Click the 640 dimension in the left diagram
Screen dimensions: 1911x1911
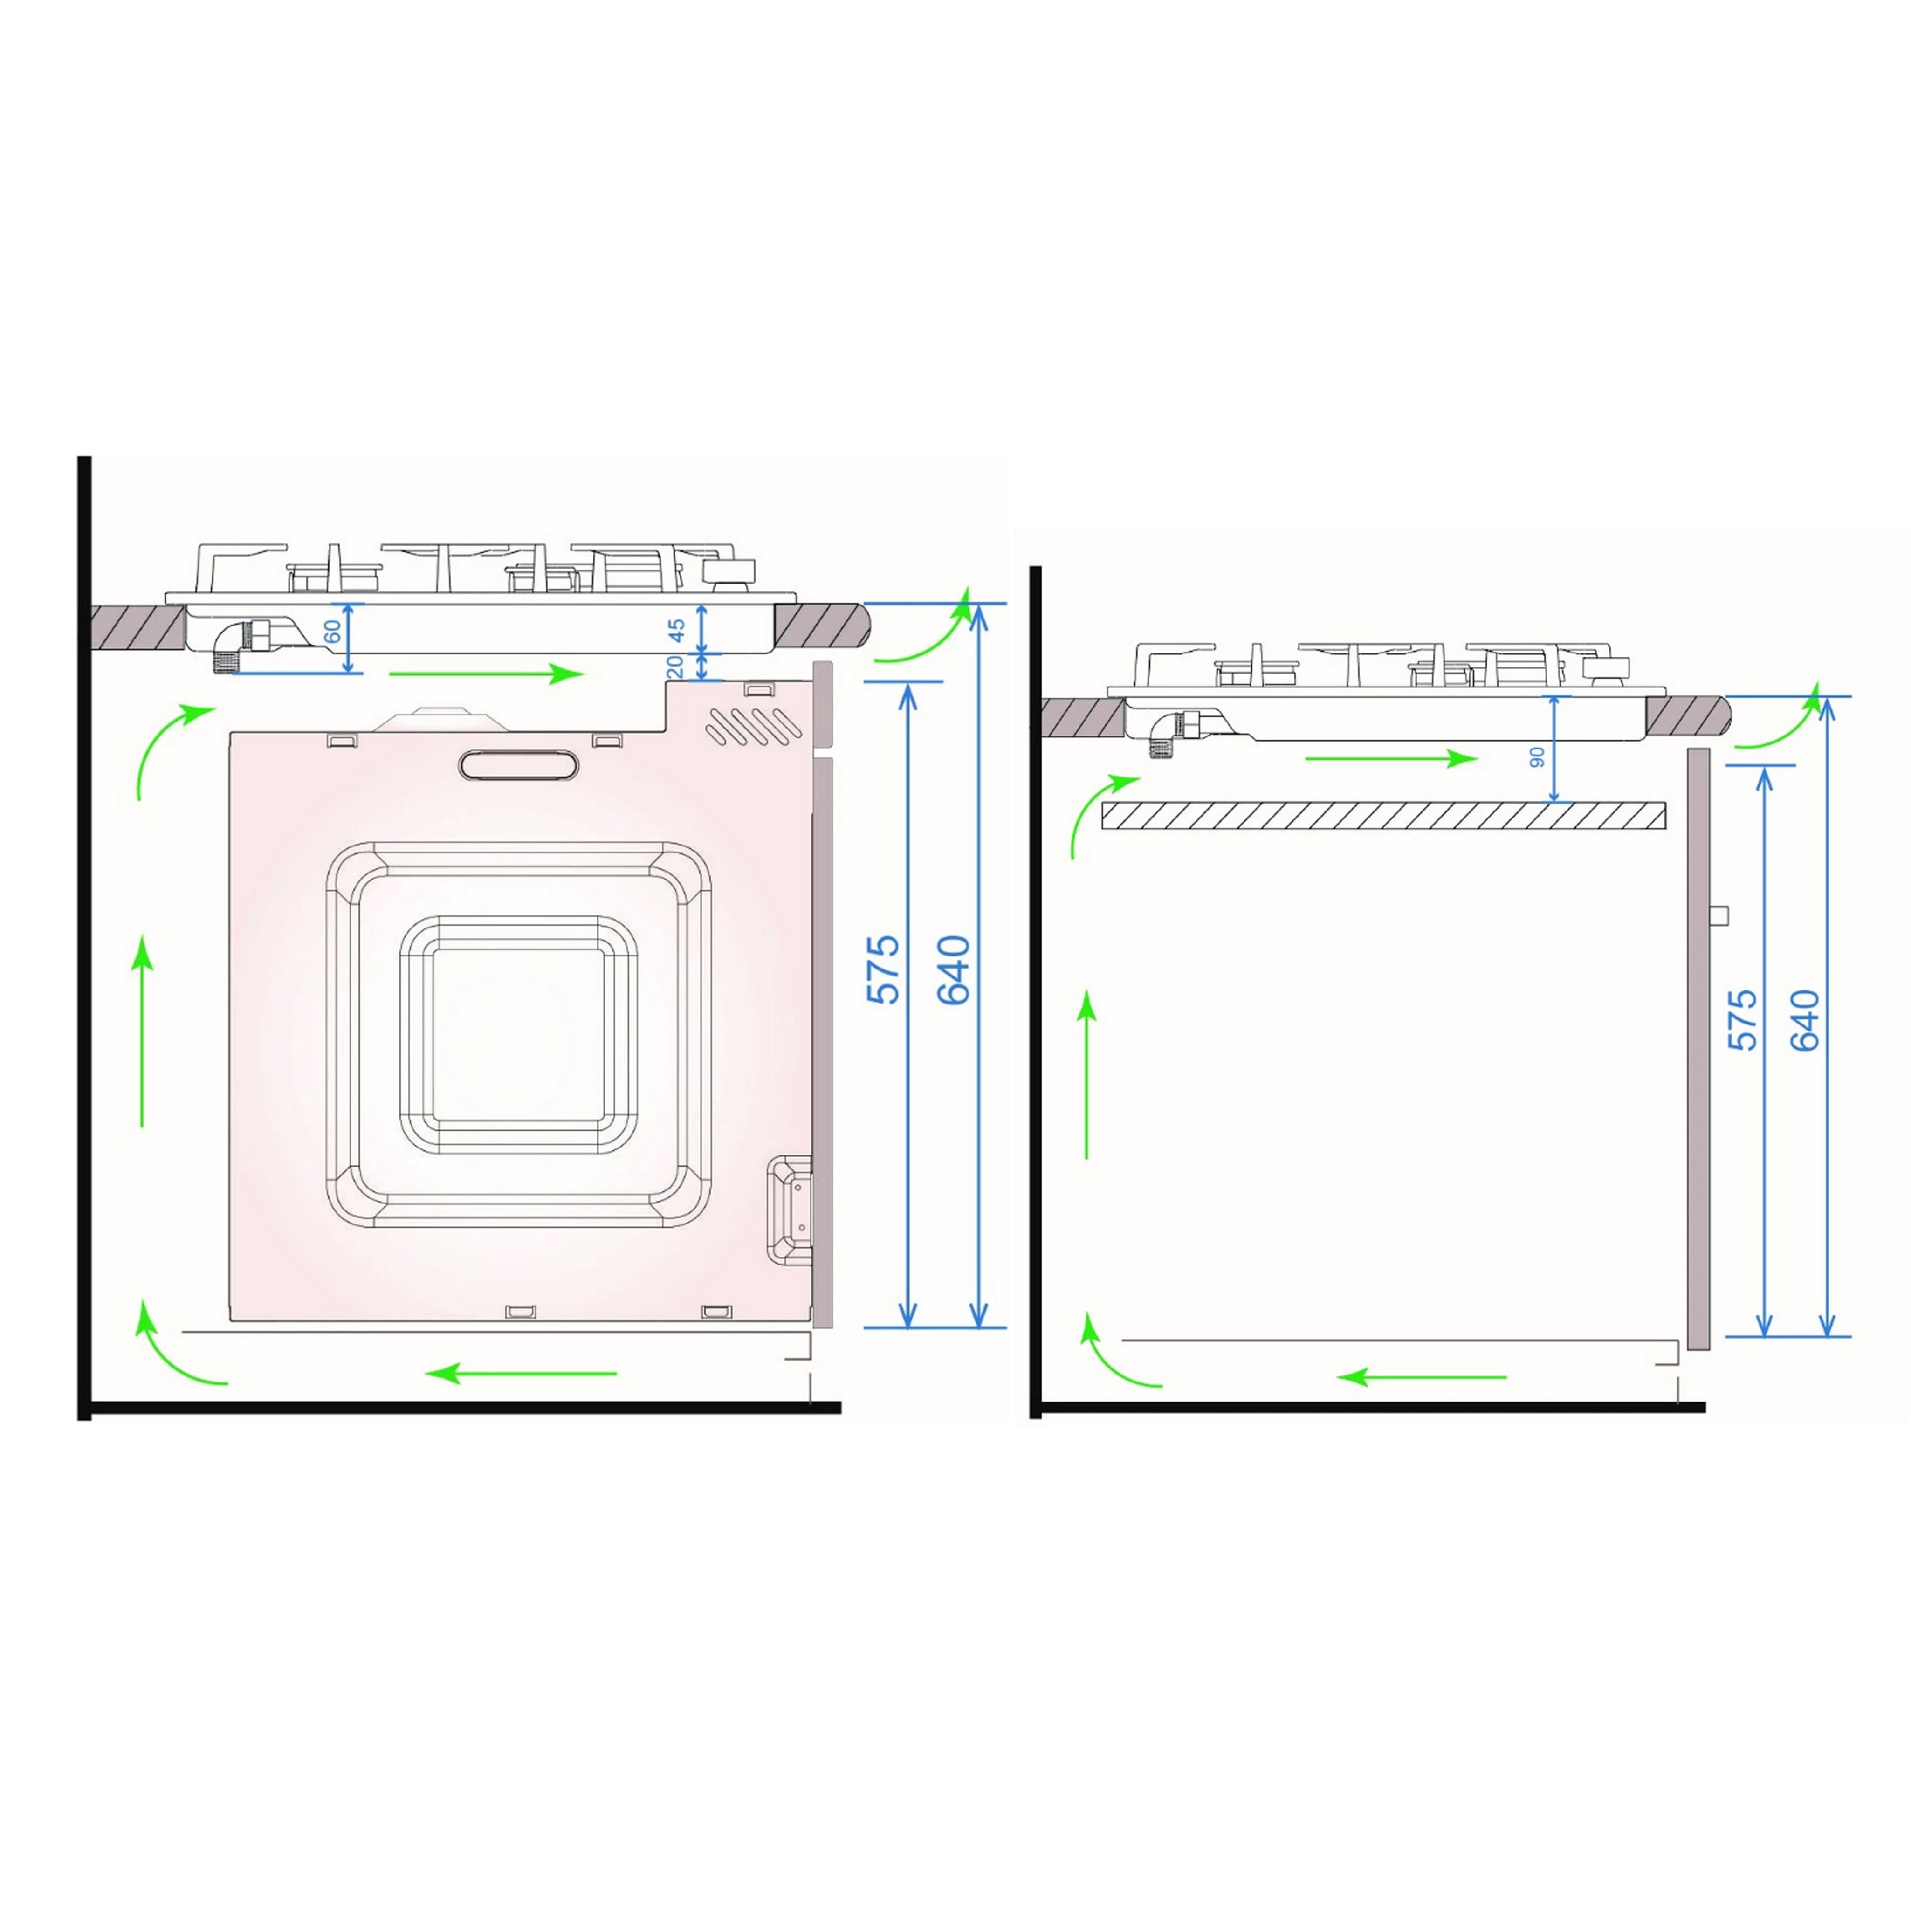(955, 969)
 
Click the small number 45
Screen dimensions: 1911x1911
(677, 630)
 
